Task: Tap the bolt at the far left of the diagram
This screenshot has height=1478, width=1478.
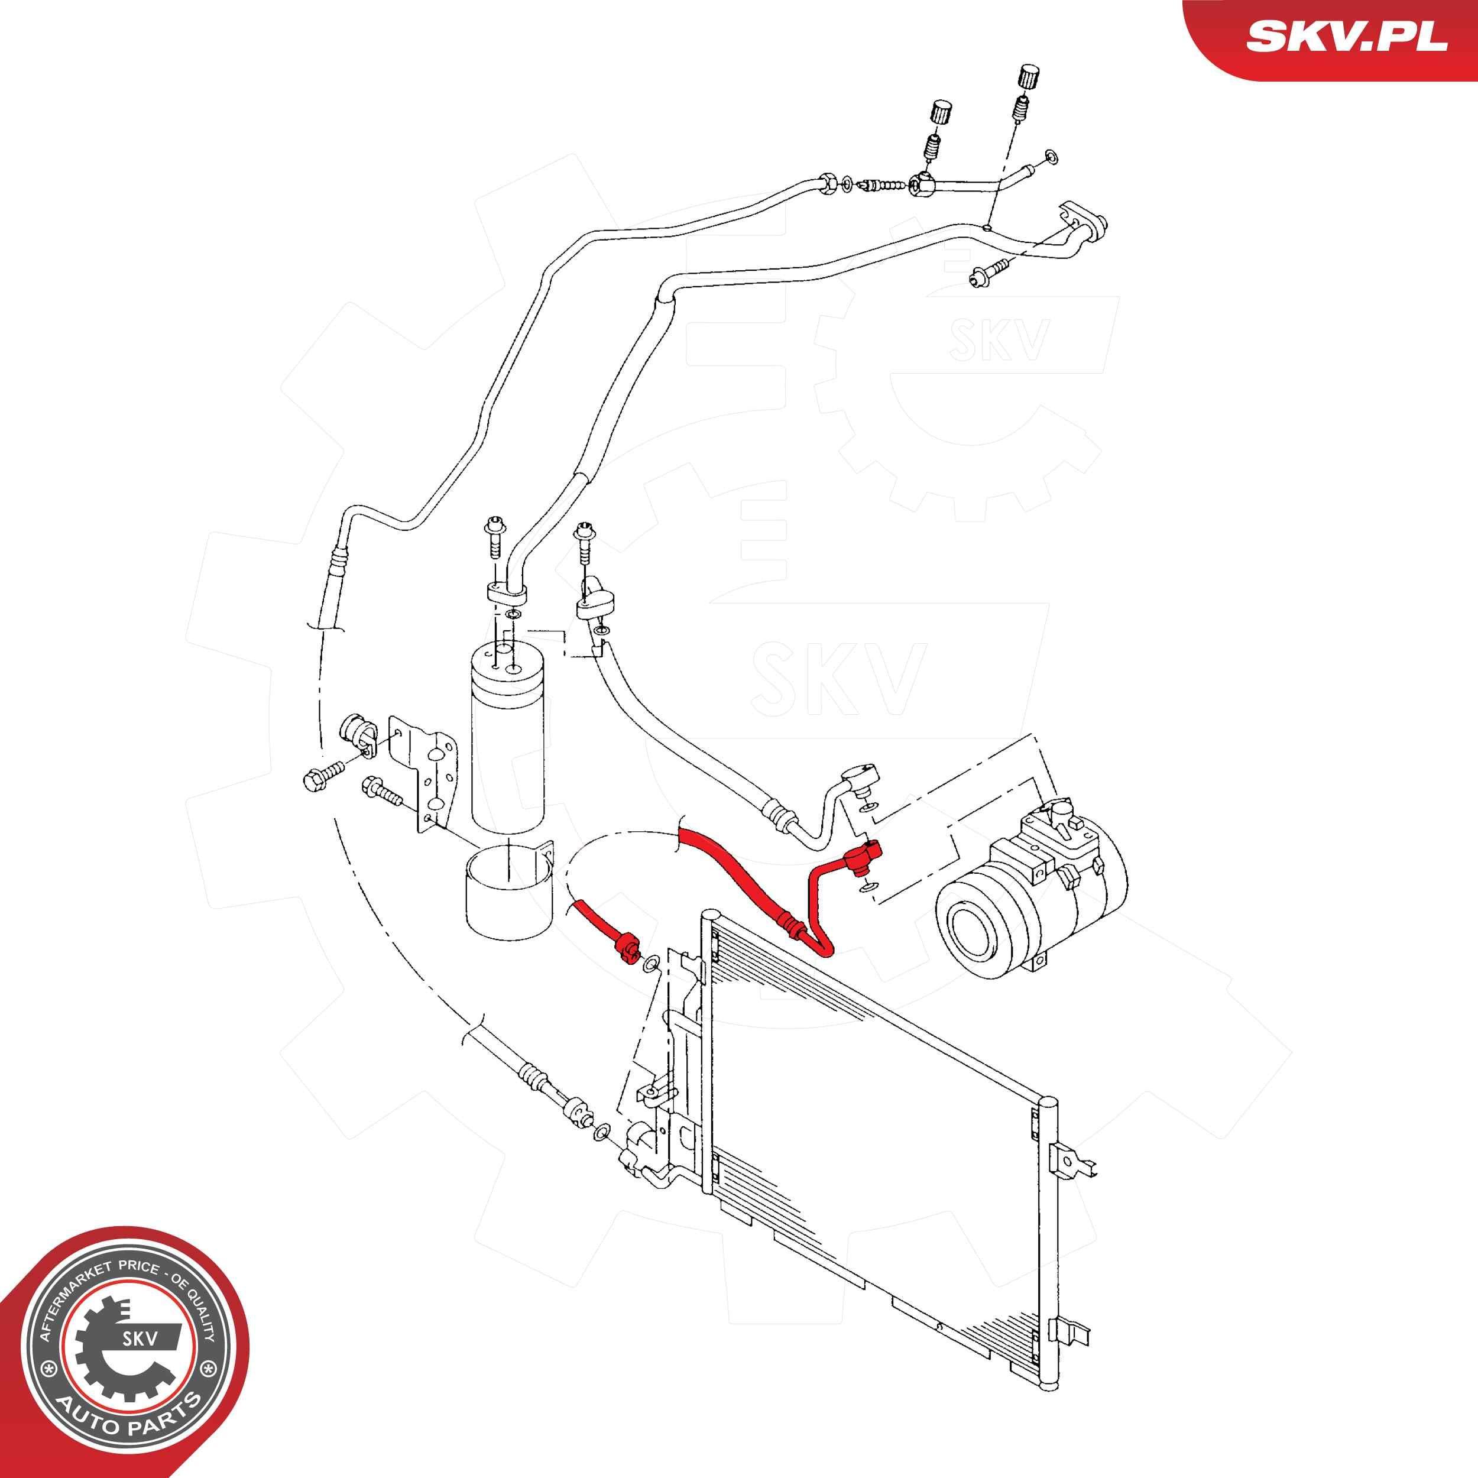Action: (x=323, y=780)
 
